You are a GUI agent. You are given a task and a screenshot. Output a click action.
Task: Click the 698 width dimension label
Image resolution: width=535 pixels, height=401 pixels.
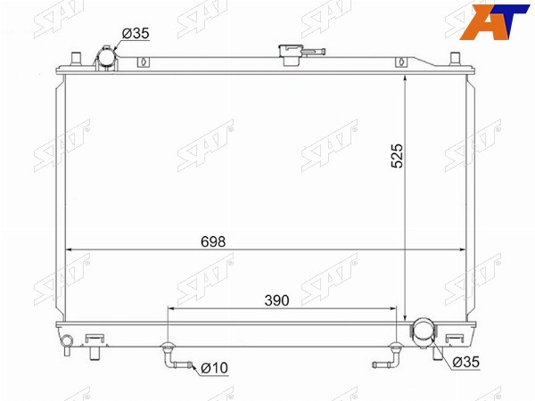(x=213, y=241)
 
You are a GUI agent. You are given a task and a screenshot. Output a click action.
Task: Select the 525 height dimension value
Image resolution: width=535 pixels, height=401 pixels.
(x=397, y=156)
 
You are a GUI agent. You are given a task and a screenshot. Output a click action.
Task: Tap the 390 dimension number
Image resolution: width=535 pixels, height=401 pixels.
(x=276, y=300)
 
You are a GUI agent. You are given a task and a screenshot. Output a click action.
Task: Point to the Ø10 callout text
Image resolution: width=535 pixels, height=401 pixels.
(x=214, y=368)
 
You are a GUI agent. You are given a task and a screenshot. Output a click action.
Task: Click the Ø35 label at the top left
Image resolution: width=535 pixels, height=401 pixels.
(x=136, y=34)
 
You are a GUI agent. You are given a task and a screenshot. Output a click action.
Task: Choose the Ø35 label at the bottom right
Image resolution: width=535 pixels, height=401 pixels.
(x=466, y=362)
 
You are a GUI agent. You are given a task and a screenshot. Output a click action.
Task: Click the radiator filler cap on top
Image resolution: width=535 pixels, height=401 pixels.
(x=291, y=54)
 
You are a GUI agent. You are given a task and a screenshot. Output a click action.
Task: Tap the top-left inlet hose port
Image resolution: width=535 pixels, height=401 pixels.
(x=106, y=59)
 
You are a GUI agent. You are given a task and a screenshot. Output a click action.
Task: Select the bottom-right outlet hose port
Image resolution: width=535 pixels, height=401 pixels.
(x=423, y=333)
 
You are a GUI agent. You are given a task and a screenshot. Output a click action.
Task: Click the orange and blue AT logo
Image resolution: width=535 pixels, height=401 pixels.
(x=495, y=21)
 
